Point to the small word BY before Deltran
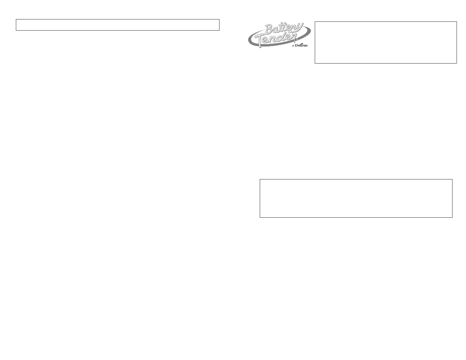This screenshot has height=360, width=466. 293,46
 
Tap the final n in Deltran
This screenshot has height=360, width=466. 306,46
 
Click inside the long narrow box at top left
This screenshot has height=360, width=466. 118,25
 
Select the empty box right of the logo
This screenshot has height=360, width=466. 385,42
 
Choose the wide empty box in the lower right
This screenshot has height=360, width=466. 356,198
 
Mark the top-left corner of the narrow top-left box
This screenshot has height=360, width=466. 16,19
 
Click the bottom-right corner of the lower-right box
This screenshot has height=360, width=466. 452,217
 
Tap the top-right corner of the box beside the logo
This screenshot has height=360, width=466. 457,22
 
